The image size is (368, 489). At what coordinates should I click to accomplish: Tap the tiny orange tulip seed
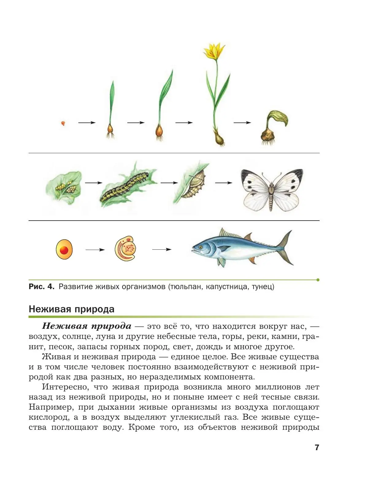[63, 123]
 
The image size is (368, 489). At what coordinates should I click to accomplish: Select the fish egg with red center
[64, 250]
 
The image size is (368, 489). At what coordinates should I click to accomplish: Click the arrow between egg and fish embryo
[95, 250]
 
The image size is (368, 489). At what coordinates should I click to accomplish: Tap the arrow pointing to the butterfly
[224, 183]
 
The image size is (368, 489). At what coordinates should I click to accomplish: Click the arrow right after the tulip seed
[87, 123]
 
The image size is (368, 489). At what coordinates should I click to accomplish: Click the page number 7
[317, 447]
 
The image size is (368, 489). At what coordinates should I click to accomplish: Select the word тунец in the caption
[263, 287]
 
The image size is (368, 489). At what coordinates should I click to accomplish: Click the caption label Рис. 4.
[41, 287]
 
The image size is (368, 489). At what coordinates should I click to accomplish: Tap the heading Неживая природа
[71, 309]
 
